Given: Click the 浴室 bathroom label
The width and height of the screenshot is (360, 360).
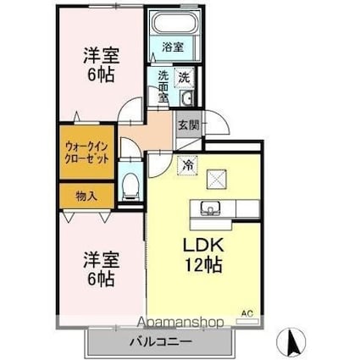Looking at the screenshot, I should point(172,47).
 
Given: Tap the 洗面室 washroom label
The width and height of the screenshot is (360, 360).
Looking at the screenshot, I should point(162,85).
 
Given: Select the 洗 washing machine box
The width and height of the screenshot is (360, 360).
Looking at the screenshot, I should point(183,77).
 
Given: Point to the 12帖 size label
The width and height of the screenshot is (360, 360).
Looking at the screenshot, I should point(203,265).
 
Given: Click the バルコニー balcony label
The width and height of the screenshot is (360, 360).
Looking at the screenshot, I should point(160,342).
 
